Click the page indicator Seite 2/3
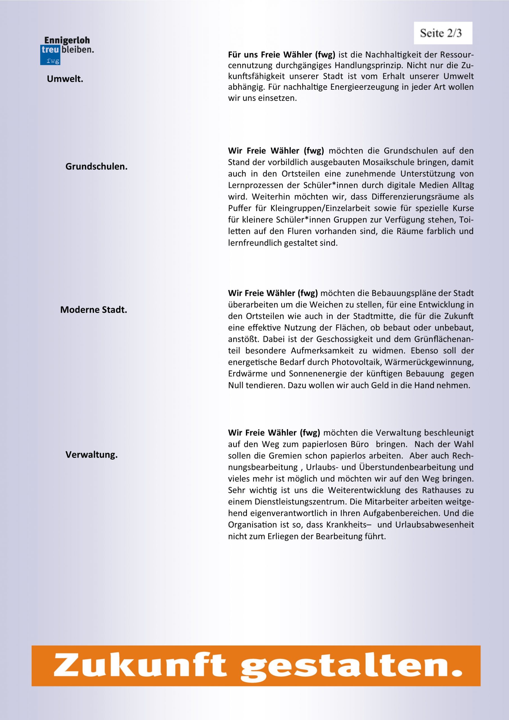click(443, 33)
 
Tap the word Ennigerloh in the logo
click(67, 40)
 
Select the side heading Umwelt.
click(65, 79)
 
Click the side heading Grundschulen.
click(96, 166)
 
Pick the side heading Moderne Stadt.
click(93, 310)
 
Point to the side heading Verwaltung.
click(92, 455)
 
